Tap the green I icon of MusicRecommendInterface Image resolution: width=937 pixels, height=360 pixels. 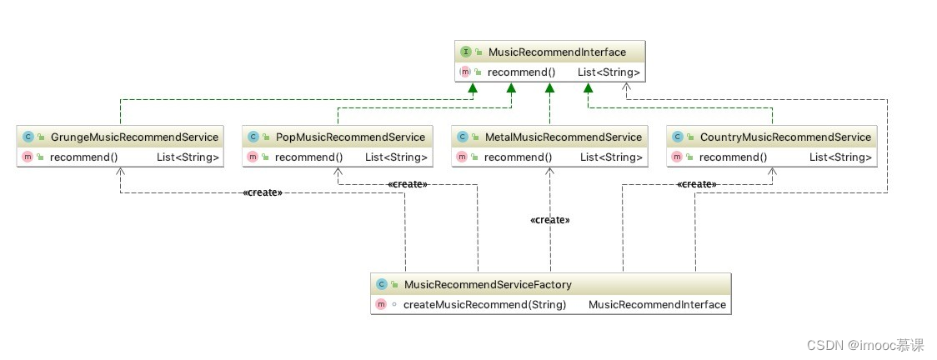click(x=465, y=52)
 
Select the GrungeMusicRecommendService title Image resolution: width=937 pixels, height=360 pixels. click(x=134, y=137)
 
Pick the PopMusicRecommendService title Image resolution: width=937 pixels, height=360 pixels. click(x=350, y=137)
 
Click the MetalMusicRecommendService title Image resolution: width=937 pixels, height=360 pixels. click(x=564, y=137)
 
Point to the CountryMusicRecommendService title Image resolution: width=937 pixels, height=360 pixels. click(x=786, y=137)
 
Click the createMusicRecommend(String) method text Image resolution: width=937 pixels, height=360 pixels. click(x=484, y=304)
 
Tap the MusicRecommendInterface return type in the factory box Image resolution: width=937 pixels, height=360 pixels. click(x=658, y=304)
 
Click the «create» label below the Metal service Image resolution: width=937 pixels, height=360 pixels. click(x=549, y=220)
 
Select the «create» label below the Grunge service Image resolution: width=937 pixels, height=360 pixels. click(x=263, y=192)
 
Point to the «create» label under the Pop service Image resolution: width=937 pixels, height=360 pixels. click(x=408, y=184)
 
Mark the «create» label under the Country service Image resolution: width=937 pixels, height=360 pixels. click(x=697, y=184)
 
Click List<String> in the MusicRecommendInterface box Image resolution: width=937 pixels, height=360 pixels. click(x=609, y=72)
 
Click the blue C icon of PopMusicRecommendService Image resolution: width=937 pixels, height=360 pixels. click(x=253, y=137)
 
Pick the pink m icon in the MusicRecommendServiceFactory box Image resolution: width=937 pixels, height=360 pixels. click(x=381, y=304)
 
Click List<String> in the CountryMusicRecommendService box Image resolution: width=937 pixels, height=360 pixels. click(x=841, y=157)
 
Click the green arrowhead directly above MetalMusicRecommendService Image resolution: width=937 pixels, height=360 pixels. click(x=549, y=88)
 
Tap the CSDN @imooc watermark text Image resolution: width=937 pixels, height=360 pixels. click(x=865, y=345)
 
